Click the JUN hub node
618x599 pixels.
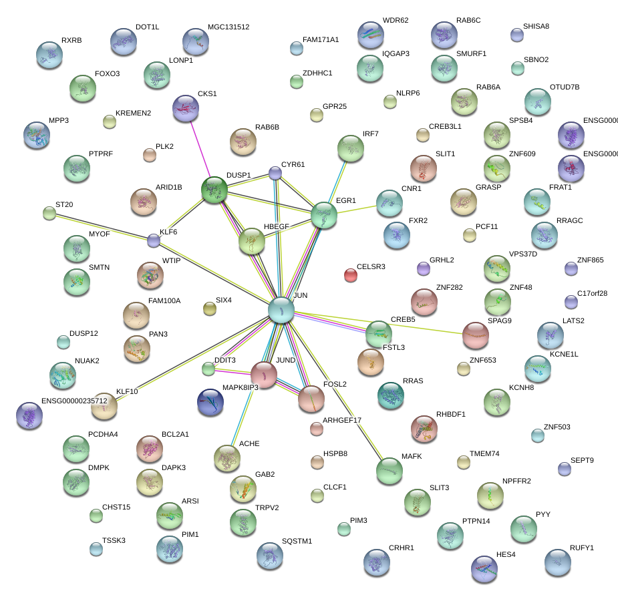pos(281,310)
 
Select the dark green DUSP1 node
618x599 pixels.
pos(215,190)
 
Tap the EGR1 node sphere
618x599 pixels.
pos(324,215)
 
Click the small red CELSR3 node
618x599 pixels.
pos(350,274)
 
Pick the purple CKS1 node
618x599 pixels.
pos(186,109)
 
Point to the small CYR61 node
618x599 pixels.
pos(275,173)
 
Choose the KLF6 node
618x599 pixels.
pos(154,240)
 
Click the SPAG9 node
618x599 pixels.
pos(475,335)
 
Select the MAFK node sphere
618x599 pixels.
pos(390,471)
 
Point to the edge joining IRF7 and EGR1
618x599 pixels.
pos(338,179)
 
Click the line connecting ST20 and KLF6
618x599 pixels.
pos(100,226)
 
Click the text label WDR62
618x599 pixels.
pos(395,20)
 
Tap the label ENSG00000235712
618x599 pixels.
pos(74,401)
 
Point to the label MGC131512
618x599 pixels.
pos(228,27)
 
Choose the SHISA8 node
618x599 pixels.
pos(516,35)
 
